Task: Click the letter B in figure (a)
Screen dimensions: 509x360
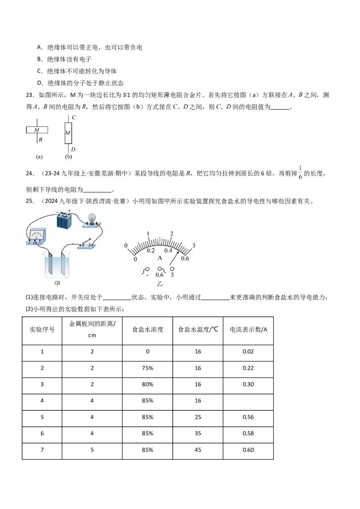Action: pos(40,139)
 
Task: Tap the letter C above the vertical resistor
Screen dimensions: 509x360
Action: pos(73,117)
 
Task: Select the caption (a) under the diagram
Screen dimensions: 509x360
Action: pos(39,157)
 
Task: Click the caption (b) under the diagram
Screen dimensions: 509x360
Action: pos(68,157)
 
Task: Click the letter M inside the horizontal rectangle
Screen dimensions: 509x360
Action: pos(37,130)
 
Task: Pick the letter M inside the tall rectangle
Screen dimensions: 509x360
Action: pos(68,133)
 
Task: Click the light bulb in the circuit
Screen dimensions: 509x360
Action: pos(92,217)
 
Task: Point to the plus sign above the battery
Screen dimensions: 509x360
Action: pos(70,210)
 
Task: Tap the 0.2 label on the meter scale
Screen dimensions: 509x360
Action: pos(150,250)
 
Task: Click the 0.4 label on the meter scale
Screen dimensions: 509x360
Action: pos(168,250)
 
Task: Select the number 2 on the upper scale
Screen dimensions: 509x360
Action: pos(171,234)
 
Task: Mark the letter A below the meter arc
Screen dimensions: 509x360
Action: pos(159,258)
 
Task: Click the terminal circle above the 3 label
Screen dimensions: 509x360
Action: pos(172,269)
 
